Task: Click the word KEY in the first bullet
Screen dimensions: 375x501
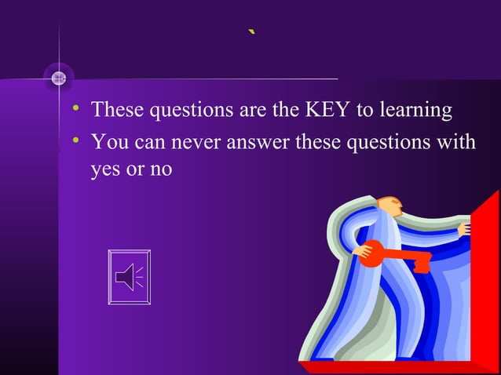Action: click(x=325, y=110)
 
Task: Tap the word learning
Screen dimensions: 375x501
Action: click(x=415, y=111)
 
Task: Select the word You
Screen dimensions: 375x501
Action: click(x=109, y=144)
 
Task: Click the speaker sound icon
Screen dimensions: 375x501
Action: click(x=129, y=277)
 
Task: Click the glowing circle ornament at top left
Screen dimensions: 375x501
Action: click(x=58, y=78)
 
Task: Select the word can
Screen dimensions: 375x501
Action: click(x=155, y=144)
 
